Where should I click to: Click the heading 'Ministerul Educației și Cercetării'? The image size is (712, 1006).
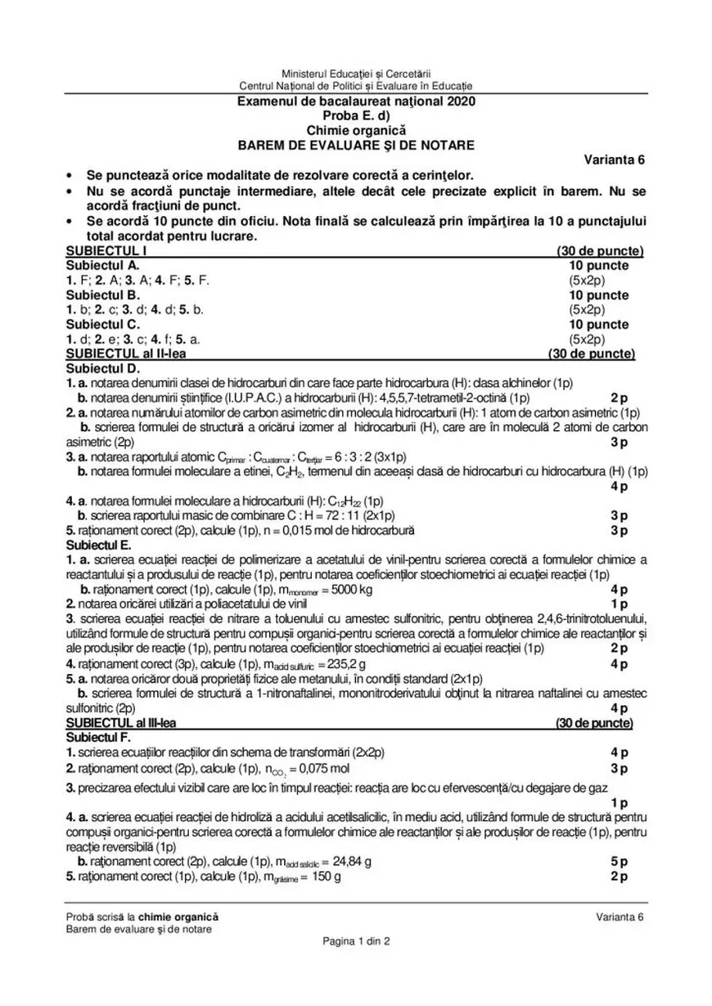(355, 74)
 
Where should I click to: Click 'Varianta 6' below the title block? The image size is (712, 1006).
(613, 159)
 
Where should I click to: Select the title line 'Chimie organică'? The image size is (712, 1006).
(355, 130)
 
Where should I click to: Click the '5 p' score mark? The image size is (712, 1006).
(619, 861)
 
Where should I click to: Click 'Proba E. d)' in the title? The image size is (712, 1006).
(355, 116)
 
